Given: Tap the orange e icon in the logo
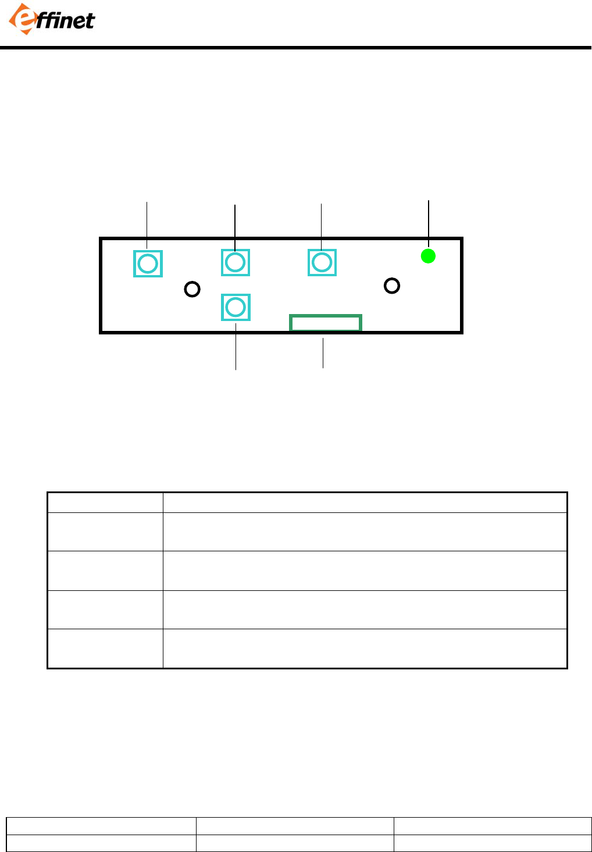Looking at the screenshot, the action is (20, 19).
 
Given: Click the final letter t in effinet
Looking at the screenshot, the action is (90, 22).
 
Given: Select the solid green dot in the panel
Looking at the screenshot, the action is (428, 256).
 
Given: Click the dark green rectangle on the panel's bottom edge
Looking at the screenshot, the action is (326, 323).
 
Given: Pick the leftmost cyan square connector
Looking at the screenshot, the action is (148, 263).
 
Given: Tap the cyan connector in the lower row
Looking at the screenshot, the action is (236, 307).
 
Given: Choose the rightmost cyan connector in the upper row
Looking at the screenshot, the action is (322, 262).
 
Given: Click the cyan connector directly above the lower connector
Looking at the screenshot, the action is (236, 262).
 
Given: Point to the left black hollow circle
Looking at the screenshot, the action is (192, 288).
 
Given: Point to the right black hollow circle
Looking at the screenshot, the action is (392, 286).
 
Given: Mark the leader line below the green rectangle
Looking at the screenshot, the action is (323, 354).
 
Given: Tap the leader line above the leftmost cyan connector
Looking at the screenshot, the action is (147, 224).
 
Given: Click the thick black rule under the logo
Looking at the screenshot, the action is (296, 48).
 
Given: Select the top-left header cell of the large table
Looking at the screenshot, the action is (105, 502).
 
